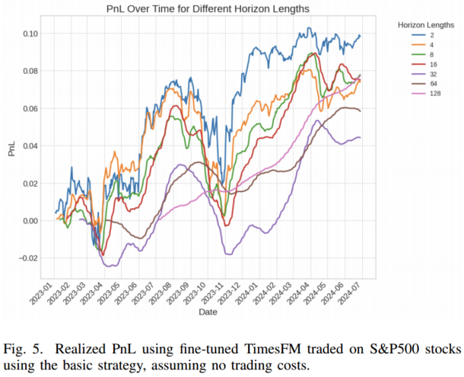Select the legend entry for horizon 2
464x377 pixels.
point(423,35)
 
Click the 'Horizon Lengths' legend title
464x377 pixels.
point(426,25)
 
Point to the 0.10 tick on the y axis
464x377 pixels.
point(30,34)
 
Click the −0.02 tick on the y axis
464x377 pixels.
point(28,258)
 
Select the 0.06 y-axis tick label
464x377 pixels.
point(30,108)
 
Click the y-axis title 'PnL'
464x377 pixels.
point(11,149)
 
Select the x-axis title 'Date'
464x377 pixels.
point(208,312)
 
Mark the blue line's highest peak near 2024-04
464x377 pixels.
point(309,27)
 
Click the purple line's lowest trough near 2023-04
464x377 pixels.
point(108,266)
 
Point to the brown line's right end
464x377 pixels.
point(360,111)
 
